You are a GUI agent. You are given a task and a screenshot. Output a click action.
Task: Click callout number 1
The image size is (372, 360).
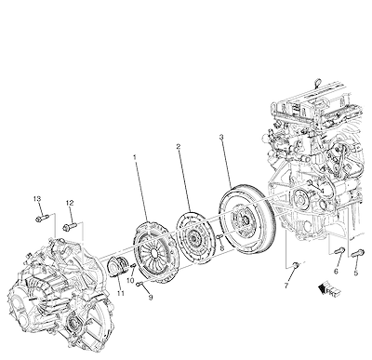(x=135, y=157)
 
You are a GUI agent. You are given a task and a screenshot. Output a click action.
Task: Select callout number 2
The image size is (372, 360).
(x=179, y=146)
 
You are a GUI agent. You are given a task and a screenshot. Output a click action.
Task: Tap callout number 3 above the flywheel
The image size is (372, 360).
(x=221, y=137)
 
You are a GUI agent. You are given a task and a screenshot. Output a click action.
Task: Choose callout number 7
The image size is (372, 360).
(x=286, y=286)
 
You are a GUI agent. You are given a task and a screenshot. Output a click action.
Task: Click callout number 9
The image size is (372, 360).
(x=151, y=298)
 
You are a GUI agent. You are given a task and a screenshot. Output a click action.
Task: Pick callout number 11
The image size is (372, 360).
(x=121, y=292)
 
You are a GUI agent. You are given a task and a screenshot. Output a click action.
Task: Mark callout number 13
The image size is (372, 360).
(x=37, y=198)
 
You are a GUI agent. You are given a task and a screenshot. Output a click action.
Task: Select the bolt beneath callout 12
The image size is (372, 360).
(x=70, y=227)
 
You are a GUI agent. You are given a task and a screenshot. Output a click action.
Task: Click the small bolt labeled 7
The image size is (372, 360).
(x=297, y=264)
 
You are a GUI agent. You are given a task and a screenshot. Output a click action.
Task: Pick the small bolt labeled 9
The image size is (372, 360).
(x=139, y=284)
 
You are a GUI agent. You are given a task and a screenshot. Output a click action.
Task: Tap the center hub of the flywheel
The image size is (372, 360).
(x=244, y=220)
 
